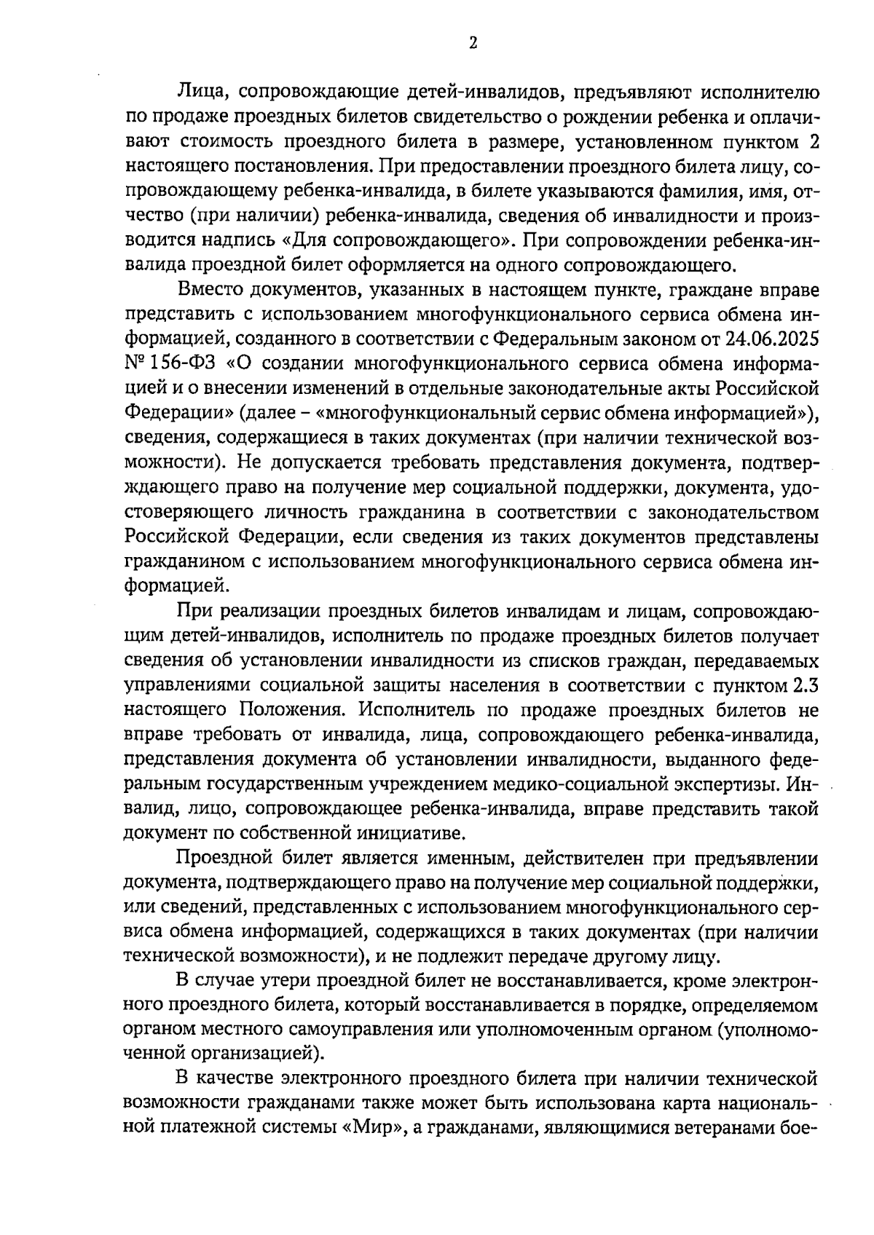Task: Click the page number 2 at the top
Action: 473,44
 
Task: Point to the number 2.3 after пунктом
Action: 805,685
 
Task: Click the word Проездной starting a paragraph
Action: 224,859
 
